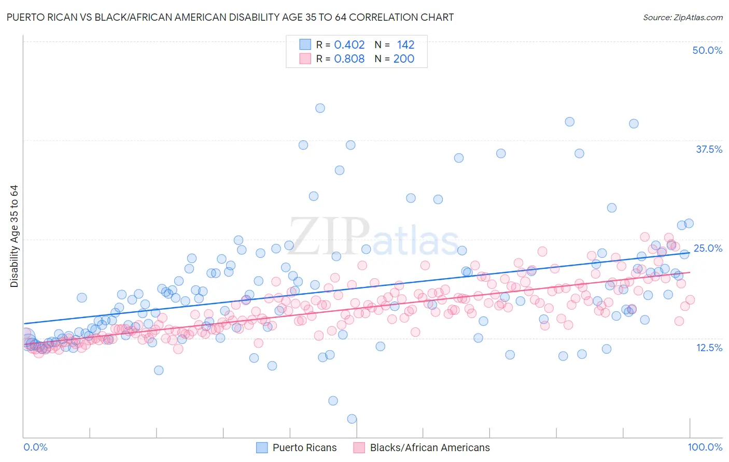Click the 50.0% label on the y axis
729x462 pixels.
click(x=707, y=50)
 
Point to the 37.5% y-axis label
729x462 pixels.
click(x=709, y=149)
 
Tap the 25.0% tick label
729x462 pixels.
click(x=708, y=248)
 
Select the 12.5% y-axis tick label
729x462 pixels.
click(x=709, y=348)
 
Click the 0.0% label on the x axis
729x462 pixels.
click(x=35, y=447)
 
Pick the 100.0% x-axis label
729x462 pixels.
click(x=705, y=447)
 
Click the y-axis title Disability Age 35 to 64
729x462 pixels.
click(x=14, y=236)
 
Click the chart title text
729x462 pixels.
click(x=230, y=17)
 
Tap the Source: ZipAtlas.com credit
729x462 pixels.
click(x=682, y=17)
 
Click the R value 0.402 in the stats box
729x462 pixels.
click(x=349, y=45)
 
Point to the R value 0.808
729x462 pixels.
click(x=349, y=59)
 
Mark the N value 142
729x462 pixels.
click(x=405, y=45)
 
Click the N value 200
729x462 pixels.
click(x=403, y=59)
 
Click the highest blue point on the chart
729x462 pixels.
click(x=320, y=108)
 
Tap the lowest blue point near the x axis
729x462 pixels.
click(x=352, y=419)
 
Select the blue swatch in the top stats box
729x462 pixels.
click(x=305, y=45)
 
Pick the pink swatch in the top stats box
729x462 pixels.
click(x=305, y=59)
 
